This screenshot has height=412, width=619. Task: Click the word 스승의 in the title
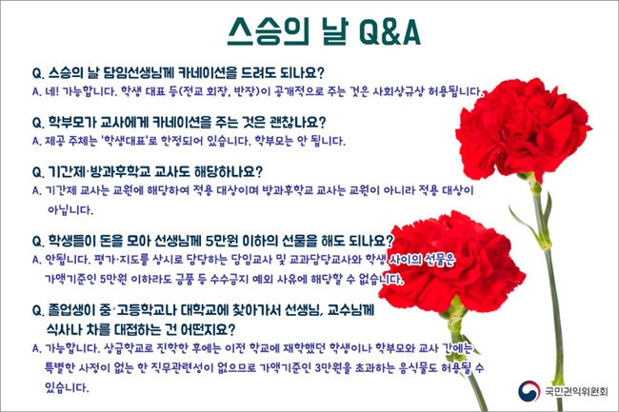click(268, 32)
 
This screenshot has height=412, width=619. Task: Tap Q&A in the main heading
click(390, 32)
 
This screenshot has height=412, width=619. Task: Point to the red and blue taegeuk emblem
click(529, 391)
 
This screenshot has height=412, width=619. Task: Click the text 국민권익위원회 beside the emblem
click(576, 391)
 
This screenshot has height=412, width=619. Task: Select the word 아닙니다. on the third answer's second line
click(70, 209)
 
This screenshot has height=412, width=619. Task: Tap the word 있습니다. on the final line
click(67, 387)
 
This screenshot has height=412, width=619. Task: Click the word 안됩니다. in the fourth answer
click(68, 260)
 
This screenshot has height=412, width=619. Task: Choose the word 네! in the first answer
click(51, 91)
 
